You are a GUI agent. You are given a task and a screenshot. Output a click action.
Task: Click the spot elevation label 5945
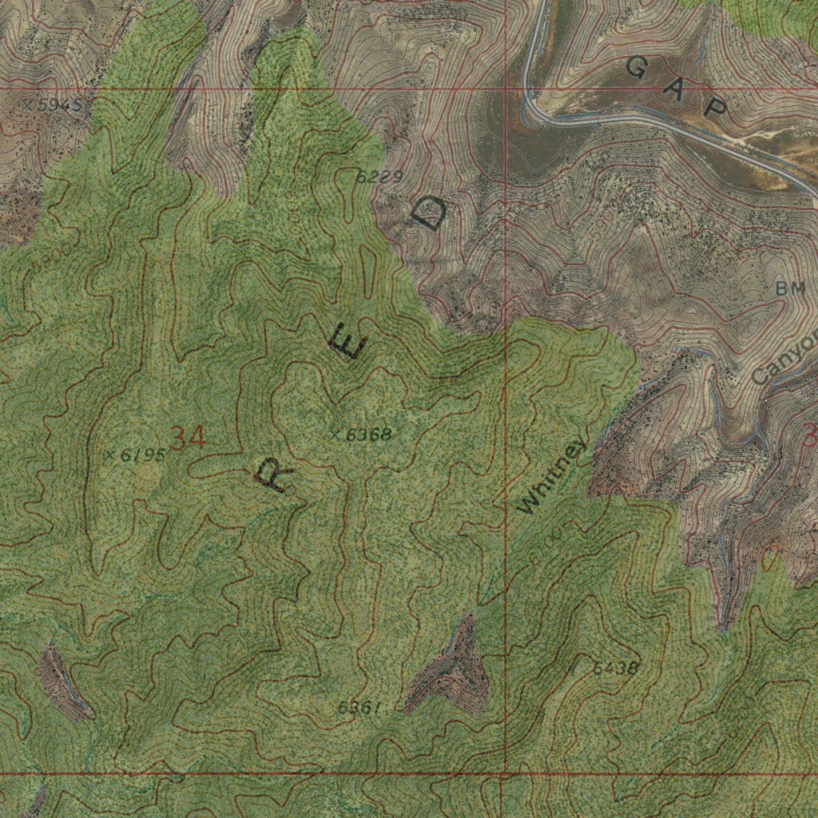point(58,105)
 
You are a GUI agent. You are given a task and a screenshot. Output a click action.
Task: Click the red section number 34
point(188,438)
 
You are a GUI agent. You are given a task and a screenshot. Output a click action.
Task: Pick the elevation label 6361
point(358,707)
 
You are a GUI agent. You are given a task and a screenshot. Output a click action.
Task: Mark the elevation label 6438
point(615,668)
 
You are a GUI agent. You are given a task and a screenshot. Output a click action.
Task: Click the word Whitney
point(551,477)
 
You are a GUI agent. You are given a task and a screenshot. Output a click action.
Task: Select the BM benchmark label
point(790,289)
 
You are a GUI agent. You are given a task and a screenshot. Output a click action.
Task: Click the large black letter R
point(274,476)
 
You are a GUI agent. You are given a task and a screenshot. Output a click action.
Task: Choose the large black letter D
point(429,213)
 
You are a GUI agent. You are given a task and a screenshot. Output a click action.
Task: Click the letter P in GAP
point(715,108)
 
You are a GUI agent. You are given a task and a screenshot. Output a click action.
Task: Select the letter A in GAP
point(677,88)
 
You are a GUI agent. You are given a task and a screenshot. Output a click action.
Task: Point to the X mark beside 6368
point(335,435)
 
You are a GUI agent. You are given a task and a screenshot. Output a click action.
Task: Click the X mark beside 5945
point(27,105)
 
